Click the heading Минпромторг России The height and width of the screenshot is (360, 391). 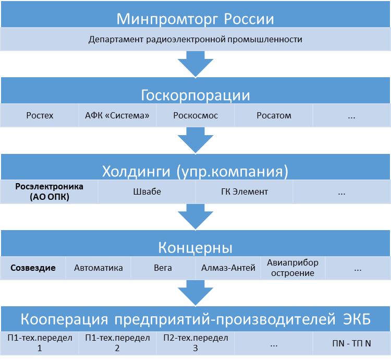[195, 19]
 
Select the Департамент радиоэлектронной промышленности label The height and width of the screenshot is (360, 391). [195, 40]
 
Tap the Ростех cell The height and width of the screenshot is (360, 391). [40, 115]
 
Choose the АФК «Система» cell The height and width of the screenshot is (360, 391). [117, 115]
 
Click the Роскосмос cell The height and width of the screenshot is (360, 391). [195, 115]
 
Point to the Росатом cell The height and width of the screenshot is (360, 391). [274, 115]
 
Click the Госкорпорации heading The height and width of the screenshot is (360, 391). [195, 95]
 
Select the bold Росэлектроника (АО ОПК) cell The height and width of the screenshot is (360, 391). [49, 191]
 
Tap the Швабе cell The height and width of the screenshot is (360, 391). [147, 191]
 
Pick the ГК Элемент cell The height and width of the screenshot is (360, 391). [245, 191]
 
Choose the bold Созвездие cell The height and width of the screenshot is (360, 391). [32, 268]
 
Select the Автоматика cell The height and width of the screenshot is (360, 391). [99, 268]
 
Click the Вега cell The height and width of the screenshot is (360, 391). [163, 268]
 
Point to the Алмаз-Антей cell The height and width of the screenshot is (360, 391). [228, 268]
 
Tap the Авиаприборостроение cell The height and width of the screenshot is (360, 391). [292, 268]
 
